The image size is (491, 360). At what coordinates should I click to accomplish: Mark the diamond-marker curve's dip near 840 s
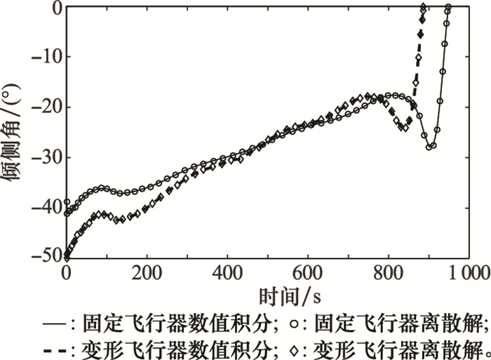tap(403, 128)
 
